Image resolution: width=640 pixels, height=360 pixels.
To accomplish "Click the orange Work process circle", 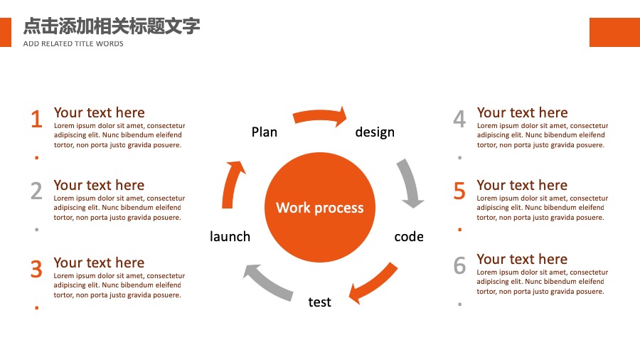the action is (x=319, y=207).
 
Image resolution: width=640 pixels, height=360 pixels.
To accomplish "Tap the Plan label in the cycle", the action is (x=264, y=132).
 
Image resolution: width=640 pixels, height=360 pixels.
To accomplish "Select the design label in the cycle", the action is (x=375, y=132).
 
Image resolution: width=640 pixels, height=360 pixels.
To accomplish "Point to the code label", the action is (x=409, y=237).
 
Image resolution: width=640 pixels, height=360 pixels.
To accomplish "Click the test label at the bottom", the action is (x=319, y=302).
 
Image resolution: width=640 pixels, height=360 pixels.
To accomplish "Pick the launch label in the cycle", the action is (x=230, y=236).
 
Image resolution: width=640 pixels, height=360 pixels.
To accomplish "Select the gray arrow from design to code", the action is (x=410, y=181).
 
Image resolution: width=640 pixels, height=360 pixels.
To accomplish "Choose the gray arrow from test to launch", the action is (x=267, y=282).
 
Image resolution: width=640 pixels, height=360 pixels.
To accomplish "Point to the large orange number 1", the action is (x=37, y=119).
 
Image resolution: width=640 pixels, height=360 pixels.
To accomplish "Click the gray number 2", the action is (x=36, y=191).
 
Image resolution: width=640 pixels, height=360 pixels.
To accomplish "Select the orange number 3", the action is (x=36, y=269).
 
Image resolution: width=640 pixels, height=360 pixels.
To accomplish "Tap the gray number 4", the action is (x=459, y=119).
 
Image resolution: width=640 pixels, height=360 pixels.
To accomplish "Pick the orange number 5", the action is (x=459, y=191).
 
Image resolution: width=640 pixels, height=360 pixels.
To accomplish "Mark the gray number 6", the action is (x=459, y=265).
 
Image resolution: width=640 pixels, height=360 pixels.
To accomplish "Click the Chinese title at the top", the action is (x=112, y=26).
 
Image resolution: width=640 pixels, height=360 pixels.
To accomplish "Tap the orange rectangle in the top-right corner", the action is (x=614, y=32).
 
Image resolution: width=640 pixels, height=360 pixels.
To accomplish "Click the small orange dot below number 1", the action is (x=37, y=157).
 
